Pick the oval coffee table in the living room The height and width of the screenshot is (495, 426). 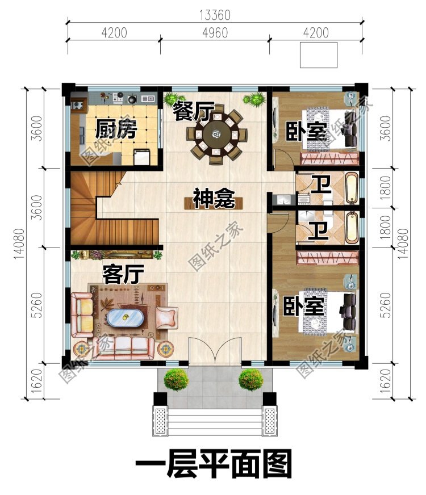(x=126, y=318)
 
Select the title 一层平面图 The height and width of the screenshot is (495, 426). (x=213, y=465)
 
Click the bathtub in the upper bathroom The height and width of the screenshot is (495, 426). (x=352, y=188)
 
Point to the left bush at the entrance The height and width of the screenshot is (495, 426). (x=176, y=379)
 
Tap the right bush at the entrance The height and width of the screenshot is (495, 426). (x=251, y=379)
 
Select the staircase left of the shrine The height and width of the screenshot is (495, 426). (x=114, y=210)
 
